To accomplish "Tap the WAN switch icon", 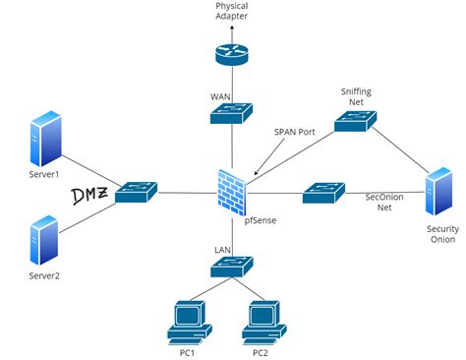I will [x=232, y=114].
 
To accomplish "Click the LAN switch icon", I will [x=232, y=265].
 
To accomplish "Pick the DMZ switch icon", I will [x=136, y=192].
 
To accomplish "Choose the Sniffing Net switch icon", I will [x=355, y=122].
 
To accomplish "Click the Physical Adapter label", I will [x=232, y=12].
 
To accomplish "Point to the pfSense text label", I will [x=260, y=220].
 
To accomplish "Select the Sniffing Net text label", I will [x=356, y=94].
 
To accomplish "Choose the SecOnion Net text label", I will [x=384, y=203].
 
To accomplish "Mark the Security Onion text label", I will [x=441, y=234].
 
